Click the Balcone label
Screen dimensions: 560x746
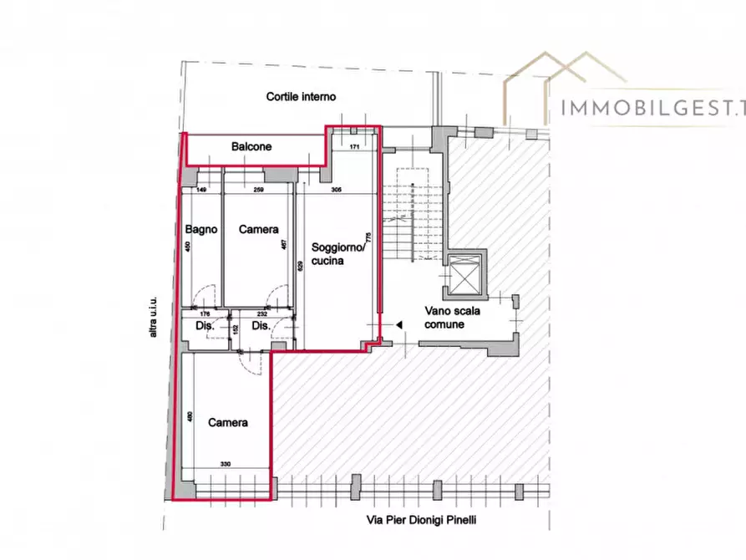(x=251, y=147)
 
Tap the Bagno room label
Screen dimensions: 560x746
(x=201, y=229)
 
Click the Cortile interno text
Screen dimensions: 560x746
(x=301, y=97)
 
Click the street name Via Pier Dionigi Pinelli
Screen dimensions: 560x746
(x=426, y=520)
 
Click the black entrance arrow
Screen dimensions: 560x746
(x=398, y=324)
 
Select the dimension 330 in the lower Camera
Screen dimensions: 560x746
(x=226, y=464)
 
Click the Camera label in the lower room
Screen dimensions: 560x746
(x=228, y=423)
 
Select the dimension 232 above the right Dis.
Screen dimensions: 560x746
(x=261, y=314)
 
